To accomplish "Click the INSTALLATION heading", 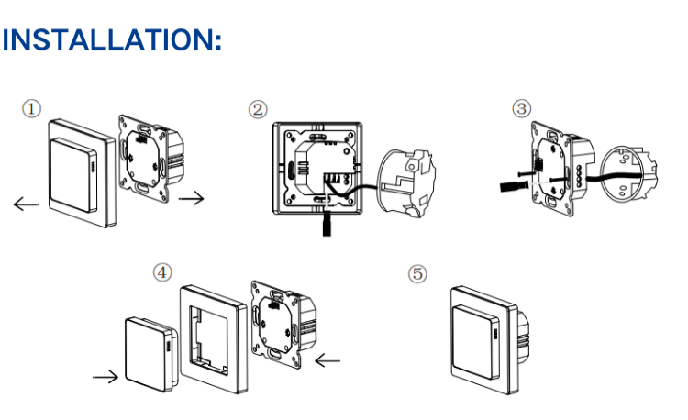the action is tap(112, 40).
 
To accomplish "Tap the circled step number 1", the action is tap(31, 109).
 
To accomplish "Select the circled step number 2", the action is tap(258, 110).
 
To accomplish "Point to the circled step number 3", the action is tap(522, 108).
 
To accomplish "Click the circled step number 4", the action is tap(162, 272).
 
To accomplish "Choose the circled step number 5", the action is tap(417, 274).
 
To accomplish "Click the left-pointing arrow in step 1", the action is tap(27, 204).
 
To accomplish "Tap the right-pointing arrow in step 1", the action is tap(192, 199).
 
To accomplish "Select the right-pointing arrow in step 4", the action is tap(105, 377).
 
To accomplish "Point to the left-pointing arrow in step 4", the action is tap(327, 360).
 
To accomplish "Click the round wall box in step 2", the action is tap(406, 183).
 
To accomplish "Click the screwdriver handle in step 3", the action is tap(512, 186).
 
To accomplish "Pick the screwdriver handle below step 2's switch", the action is tap(327, 224).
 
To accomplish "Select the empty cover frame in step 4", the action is tap(214, 339).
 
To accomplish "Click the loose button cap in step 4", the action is tap(151, 355).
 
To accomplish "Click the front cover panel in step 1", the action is tap(82, 173).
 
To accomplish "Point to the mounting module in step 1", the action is tap(151, 159).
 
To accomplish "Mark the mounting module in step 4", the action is tap(283, 325).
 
